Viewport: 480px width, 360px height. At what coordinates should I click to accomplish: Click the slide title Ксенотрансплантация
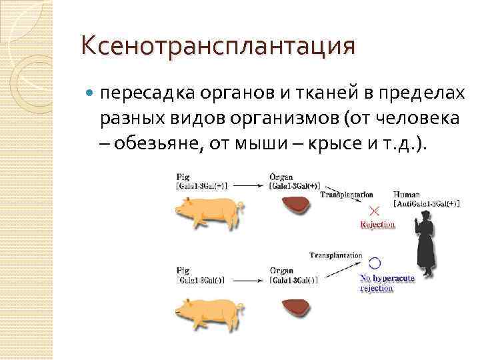click(x=217, y=47)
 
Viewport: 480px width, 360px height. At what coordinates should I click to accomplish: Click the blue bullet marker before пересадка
click(x=91, y=94)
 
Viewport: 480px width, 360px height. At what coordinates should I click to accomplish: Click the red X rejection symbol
click(x=375, y=210)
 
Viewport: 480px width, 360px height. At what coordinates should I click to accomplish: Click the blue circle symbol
click(x=375, y=263)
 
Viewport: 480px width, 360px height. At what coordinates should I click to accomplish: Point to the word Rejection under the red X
click(x=377, y=225)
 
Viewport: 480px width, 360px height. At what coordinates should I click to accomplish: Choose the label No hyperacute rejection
click(x=386, y=283)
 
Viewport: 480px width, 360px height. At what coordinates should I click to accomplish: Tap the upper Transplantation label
click(x=347, y=195)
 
